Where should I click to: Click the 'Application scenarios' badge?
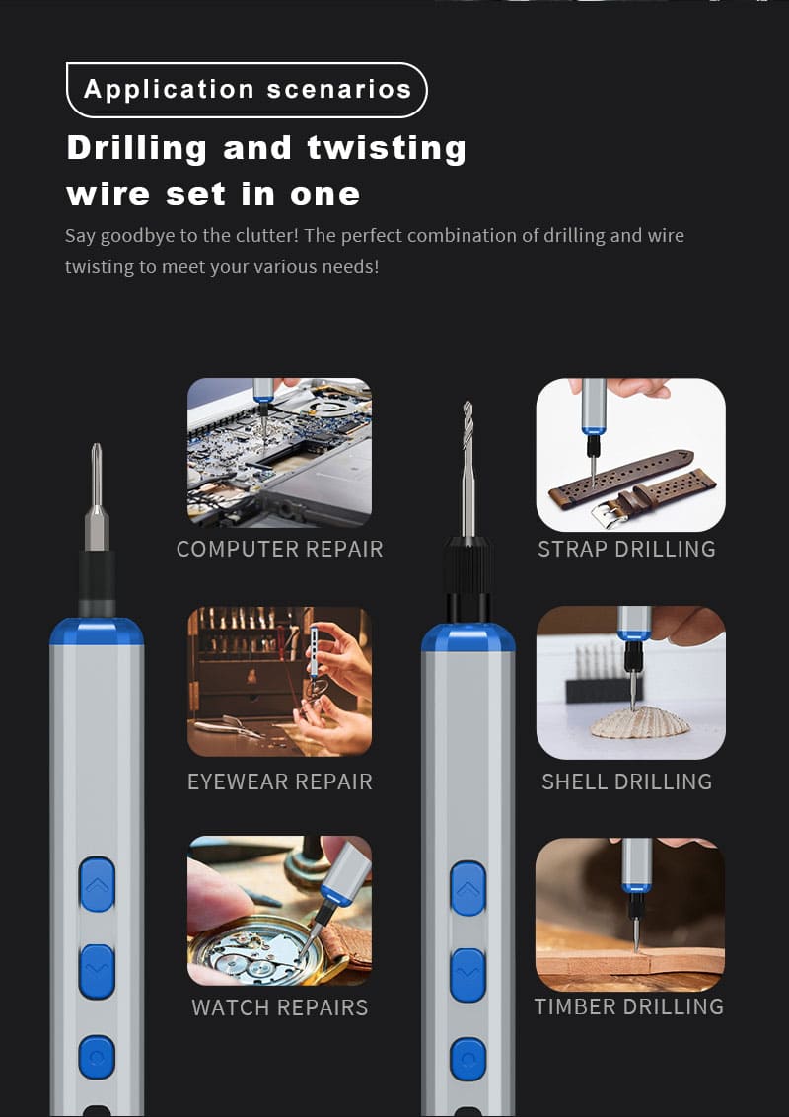tap(247, 90)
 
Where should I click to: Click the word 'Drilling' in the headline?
tap(137, 148)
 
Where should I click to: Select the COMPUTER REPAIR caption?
tap(280, 549)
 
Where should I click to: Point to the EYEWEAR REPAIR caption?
tap(280, 782)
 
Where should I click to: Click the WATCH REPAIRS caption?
tap(280, 1007)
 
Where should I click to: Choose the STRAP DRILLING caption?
tap(626, 549)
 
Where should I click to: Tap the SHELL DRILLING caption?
tap(626, 782)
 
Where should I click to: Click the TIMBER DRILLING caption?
tap(629, 1006)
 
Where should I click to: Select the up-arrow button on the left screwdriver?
tap(97, 885)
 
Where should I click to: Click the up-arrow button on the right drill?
tap(467, 889)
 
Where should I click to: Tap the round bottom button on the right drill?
tap(467, 1059)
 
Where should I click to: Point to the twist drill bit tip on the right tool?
tap(467, 404)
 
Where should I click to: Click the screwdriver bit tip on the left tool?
tap(96, 446)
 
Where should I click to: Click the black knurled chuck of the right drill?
tap(467, 566)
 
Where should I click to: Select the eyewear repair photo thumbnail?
tap(279, 682)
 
